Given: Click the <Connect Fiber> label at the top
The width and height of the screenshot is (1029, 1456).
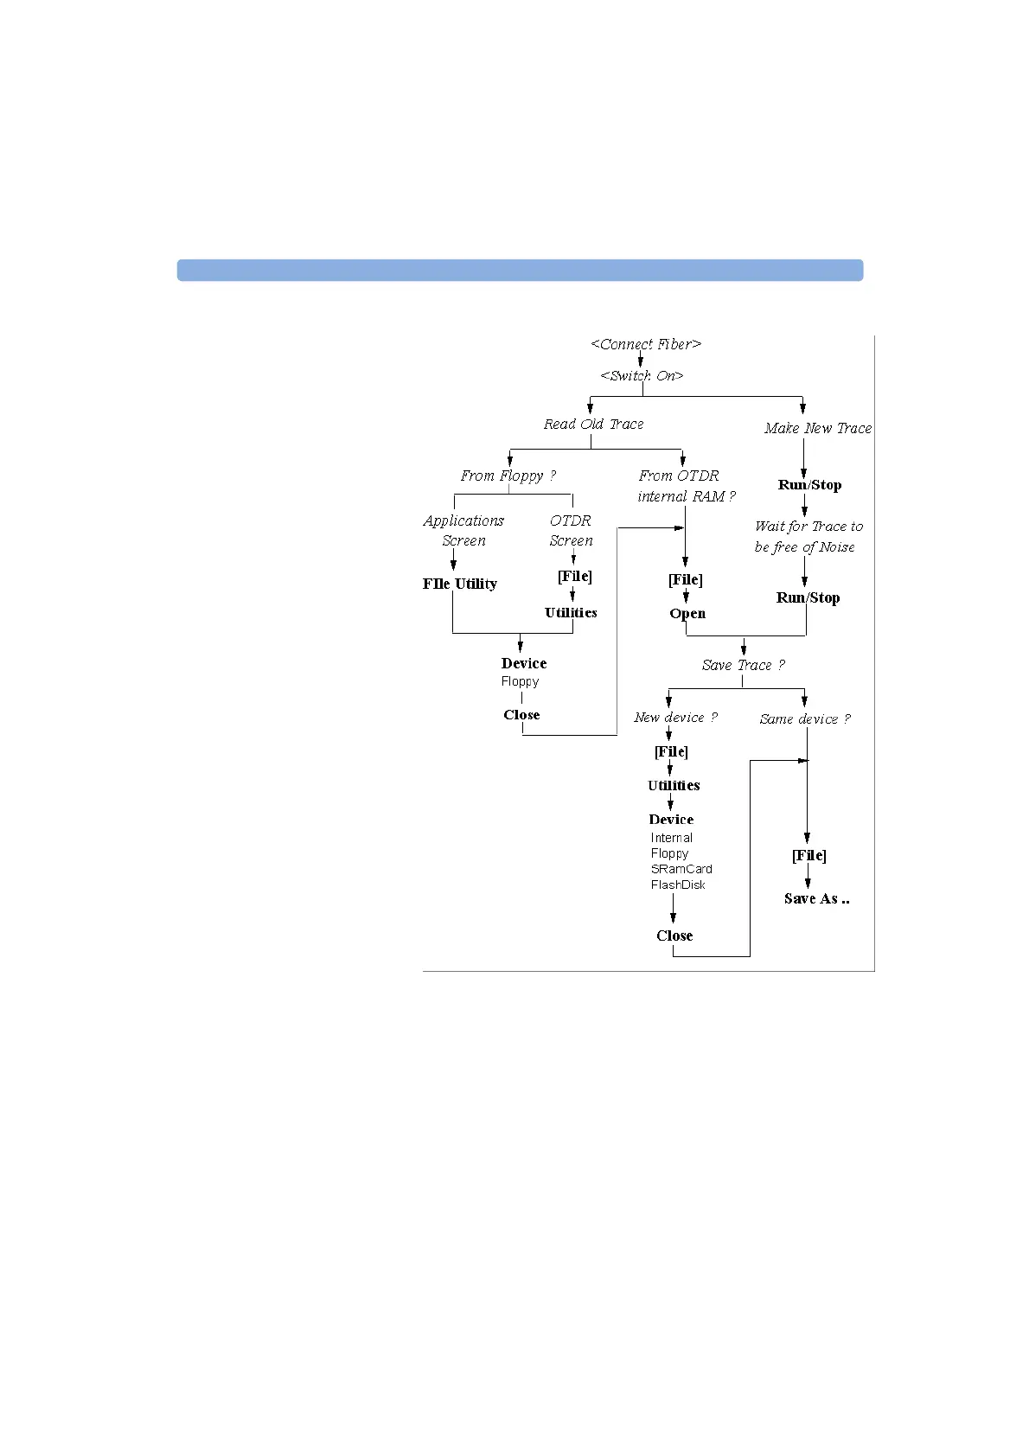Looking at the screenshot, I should (646, 344).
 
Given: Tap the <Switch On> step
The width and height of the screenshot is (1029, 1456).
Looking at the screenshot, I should (642, 376).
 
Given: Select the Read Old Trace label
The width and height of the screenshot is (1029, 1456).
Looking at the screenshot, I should (593, 425).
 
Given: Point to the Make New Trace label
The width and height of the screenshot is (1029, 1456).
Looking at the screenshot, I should (817, 428).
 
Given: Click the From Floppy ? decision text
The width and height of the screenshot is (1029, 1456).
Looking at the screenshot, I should (508, 476).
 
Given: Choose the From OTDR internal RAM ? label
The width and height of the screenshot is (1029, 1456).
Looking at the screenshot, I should (686, 486).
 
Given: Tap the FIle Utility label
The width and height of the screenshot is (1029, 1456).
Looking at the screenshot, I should (459, 584).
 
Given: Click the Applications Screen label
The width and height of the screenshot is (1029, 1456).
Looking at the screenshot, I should (463, 530).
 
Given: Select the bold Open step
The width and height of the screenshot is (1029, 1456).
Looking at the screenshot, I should (687, 614).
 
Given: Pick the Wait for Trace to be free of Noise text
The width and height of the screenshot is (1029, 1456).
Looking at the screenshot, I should (808, 536).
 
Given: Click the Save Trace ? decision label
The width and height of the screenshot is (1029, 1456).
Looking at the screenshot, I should (743, 665).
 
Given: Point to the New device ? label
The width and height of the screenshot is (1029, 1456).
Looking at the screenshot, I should (675, 718).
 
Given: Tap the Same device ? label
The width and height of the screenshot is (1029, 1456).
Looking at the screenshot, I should (804, 719).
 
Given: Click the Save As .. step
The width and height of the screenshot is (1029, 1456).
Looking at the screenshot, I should (816, 899).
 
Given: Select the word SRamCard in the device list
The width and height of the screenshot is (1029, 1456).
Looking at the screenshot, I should (681, 869).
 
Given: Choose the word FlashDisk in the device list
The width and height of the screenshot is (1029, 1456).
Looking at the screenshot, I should (678, 884).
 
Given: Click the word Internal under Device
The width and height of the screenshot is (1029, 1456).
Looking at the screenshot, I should (671, 838).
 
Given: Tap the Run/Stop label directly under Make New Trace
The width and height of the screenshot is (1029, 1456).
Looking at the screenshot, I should (809, 485).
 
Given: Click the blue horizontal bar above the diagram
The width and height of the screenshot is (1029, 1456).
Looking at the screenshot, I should (520, 270).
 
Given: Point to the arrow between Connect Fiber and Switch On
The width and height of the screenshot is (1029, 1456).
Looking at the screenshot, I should (641, 360).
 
